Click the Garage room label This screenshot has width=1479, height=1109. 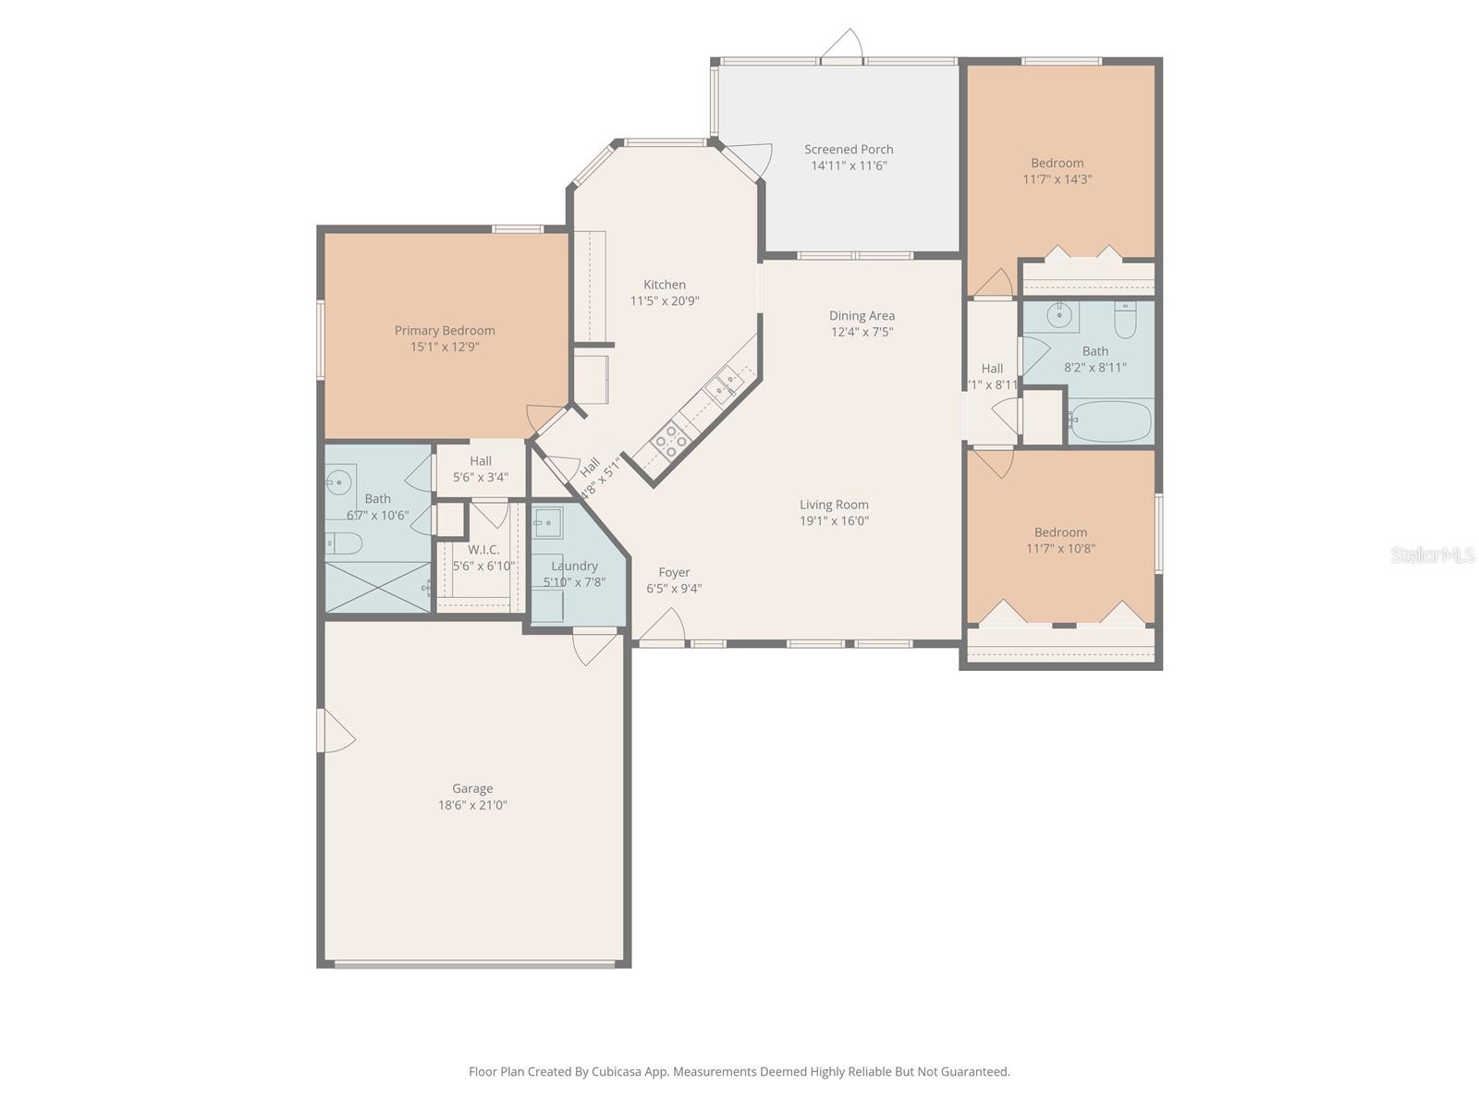471,788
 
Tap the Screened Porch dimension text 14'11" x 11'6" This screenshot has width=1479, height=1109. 849,165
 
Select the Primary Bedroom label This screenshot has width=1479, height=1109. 445,331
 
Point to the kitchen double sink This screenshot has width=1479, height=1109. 724,384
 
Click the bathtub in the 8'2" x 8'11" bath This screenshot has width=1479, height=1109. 1109,422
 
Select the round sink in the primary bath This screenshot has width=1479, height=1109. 338,480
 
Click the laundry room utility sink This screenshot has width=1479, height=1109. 548,522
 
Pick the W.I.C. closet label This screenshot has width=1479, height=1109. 483,550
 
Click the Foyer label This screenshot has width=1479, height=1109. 674,572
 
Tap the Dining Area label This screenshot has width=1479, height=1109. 862,316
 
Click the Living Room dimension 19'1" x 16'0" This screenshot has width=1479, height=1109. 834,520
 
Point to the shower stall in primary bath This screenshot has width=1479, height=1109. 377,586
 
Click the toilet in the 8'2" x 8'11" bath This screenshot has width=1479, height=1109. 1125,321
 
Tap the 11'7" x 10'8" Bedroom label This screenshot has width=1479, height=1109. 1060,532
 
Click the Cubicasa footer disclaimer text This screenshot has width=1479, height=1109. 739,1072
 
